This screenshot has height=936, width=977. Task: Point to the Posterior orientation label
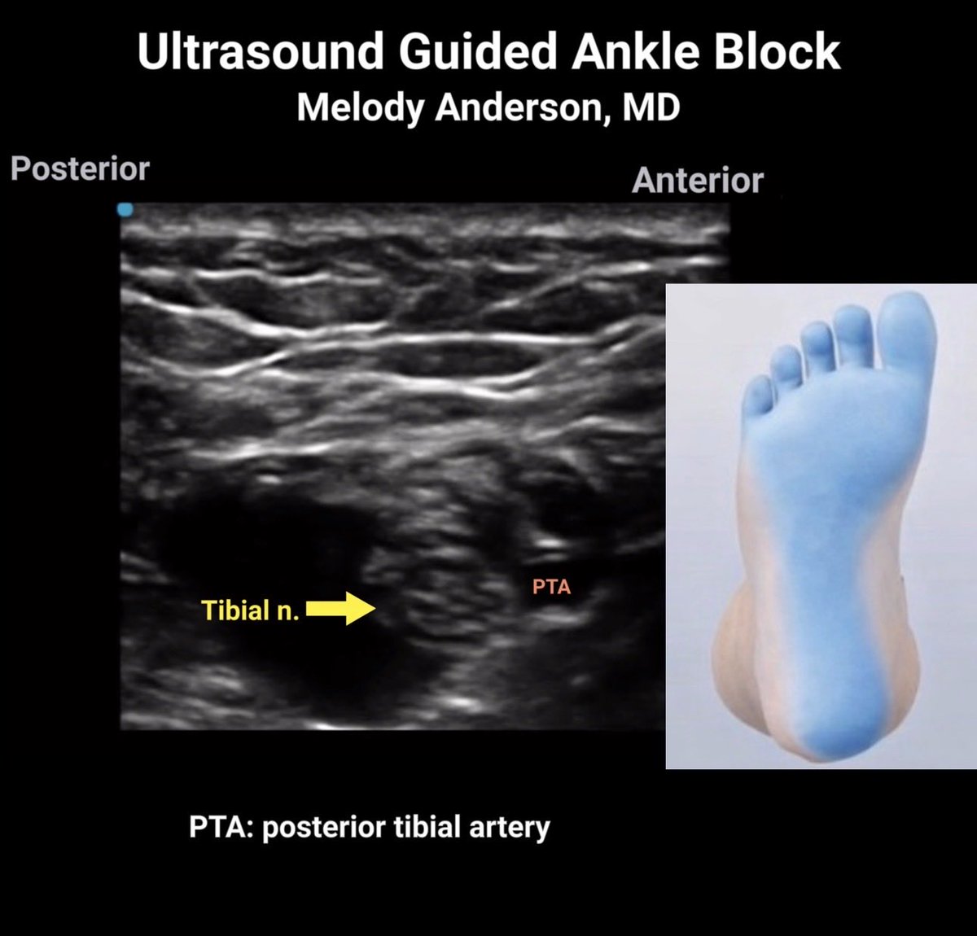point(80,169)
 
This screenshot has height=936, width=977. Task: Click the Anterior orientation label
point(697,181)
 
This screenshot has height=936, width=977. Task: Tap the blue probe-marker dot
point(124,210)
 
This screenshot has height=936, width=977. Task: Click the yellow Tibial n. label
point(251,610)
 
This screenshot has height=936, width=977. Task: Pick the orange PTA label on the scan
point(551,586)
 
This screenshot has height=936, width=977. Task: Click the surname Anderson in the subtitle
point(520,107)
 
